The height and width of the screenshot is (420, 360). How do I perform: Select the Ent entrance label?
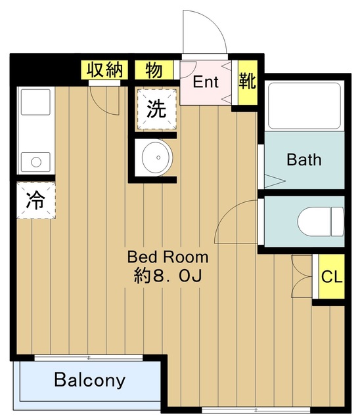point(206,83)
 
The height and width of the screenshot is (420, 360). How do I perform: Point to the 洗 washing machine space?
point(156,109)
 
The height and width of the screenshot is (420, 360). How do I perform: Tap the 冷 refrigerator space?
point(35,200)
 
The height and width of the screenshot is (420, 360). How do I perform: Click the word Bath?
point(304,159)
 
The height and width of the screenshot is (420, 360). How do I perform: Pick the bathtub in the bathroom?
point(304,105)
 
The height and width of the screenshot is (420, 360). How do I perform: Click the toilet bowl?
point(321,220)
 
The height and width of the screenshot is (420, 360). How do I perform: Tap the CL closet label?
point(331,276)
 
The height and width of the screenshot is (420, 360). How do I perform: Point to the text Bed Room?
point(168,257)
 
